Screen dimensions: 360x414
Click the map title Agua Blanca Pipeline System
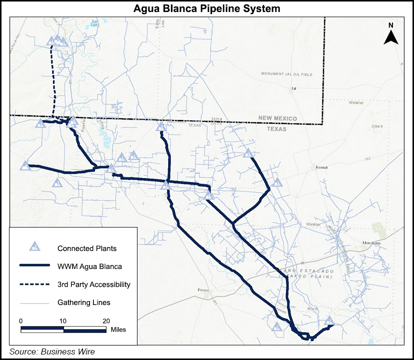point(206,8)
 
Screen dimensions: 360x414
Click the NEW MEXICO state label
point(277,118)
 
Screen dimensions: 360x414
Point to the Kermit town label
point(322,167)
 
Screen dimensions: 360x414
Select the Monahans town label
point(371,243)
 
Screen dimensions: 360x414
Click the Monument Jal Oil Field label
point(286,74)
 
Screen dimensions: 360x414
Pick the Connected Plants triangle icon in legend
point(34,247)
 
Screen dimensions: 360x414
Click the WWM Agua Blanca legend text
point(89,266)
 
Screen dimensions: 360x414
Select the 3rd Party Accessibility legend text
point(93,284)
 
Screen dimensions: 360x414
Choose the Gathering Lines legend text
point(83,302)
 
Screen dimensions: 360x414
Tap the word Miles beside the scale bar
point(118,329)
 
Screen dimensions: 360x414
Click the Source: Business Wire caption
point(52,351)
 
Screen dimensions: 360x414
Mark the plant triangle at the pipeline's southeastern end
point(329,320)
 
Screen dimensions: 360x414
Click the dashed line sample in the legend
point(34,284)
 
